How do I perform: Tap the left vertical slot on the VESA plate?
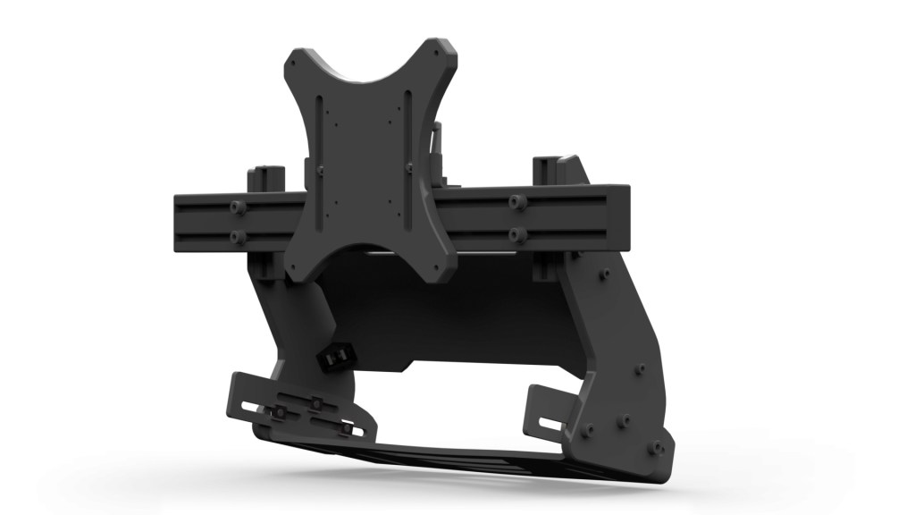point(332,152)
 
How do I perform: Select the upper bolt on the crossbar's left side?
point(237,207)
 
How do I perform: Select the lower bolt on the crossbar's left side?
point(237,237)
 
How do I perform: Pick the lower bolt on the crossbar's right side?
point(516,234)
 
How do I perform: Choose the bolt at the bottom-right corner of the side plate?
point(658,444)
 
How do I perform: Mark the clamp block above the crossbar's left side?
point(265,177)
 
